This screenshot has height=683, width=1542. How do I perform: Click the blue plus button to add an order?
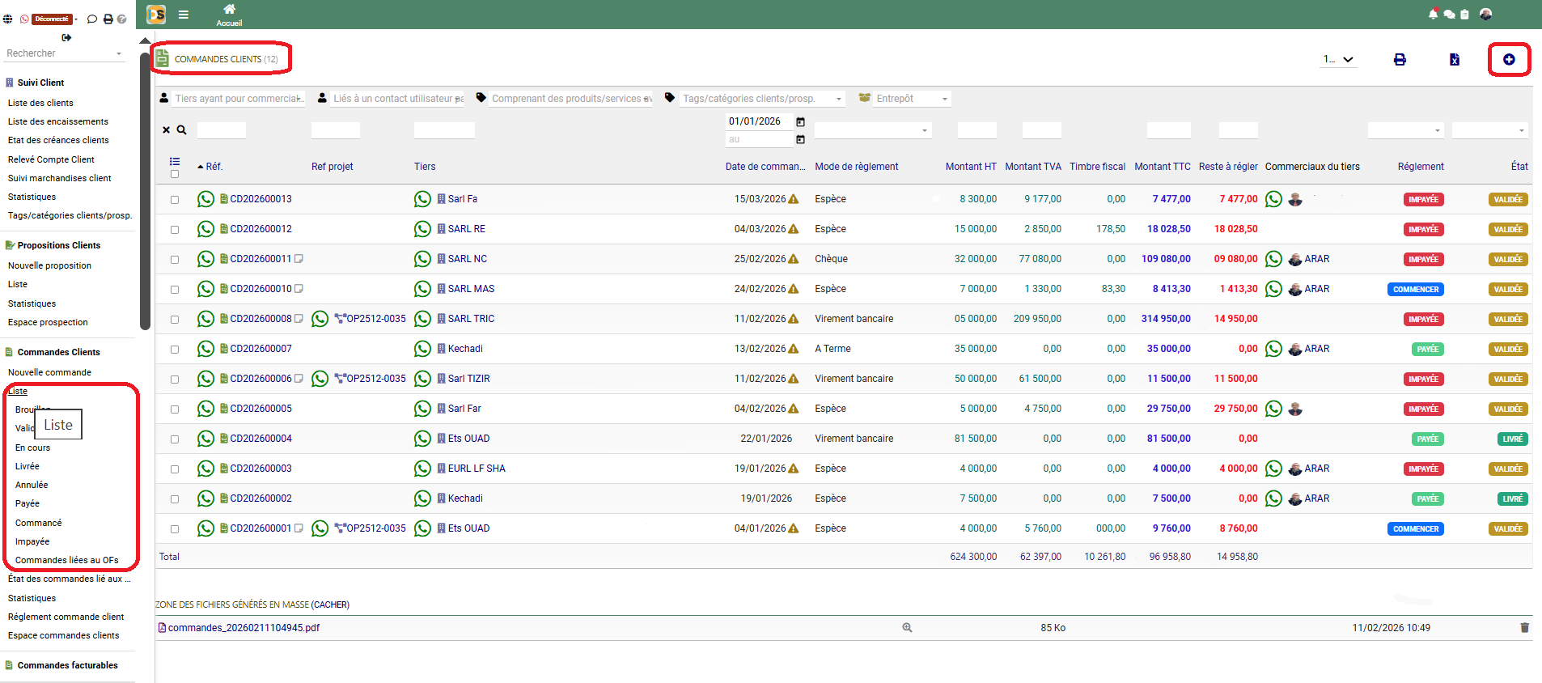1509,60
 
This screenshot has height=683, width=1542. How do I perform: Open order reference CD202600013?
261,199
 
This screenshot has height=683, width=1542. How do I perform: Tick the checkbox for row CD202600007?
175,350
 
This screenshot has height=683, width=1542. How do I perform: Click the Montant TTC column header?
1162,167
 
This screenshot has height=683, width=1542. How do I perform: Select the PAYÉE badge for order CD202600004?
1427,439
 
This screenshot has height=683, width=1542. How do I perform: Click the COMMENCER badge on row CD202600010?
1416,290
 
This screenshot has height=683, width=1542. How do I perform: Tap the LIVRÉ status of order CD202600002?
1512,499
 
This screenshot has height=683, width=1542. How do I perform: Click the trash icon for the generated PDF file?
1524,628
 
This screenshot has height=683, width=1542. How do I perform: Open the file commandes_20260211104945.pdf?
244,628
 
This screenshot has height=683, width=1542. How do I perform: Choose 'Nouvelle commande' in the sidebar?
49,373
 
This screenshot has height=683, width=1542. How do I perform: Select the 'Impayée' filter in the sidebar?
32,542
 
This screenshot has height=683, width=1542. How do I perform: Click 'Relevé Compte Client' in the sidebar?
51,160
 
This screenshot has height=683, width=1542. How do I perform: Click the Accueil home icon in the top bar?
229,10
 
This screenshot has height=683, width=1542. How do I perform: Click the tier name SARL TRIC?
471,319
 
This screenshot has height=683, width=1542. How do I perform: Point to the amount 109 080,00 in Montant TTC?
1166,259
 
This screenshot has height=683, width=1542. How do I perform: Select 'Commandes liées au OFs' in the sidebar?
66,561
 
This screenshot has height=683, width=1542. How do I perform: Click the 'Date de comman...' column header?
765,167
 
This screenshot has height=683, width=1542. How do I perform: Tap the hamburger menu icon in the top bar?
184,15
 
